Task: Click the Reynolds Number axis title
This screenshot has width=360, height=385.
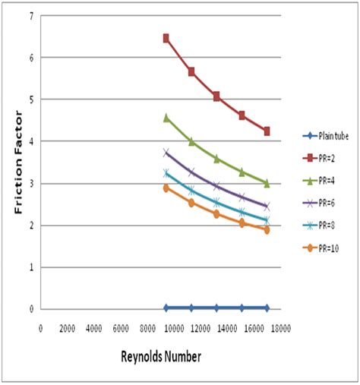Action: click(159, 355)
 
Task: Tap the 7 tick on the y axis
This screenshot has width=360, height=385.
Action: click(30, 16)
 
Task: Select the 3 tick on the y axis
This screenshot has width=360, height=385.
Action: click(30, 183)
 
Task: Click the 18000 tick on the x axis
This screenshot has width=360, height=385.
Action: click(282, 327)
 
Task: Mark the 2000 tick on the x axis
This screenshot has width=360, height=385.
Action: click(67, 327)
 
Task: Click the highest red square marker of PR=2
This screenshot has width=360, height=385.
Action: click(166, 38)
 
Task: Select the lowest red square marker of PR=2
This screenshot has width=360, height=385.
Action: click(267, 131)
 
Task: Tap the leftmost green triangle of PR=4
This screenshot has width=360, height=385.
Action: click(166, 118)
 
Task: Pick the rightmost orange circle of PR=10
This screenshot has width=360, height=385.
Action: click(267, 229)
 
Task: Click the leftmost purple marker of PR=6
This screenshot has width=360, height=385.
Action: click(166, 152)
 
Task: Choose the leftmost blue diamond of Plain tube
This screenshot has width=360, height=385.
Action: click(166, 308)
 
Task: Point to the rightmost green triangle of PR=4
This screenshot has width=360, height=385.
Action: click(267, 182)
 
